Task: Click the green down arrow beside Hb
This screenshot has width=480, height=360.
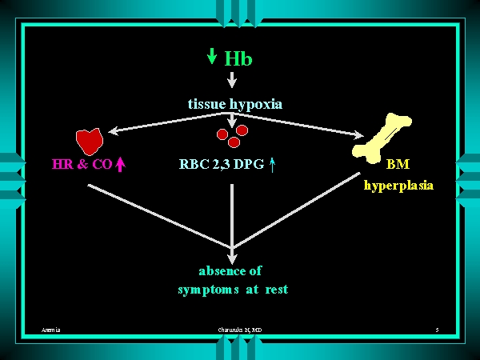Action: [212, 56]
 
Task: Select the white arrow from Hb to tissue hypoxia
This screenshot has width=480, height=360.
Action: [232, 79]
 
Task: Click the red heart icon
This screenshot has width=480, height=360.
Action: [90, 142]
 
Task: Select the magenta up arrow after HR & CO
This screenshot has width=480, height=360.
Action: [121, 165]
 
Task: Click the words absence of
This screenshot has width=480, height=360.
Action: [230, 270]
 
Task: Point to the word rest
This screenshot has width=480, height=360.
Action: [276, 290]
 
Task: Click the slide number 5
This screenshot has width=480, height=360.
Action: [438, 330]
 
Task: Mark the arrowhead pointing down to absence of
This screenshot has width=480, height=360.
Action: [232, 257]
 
